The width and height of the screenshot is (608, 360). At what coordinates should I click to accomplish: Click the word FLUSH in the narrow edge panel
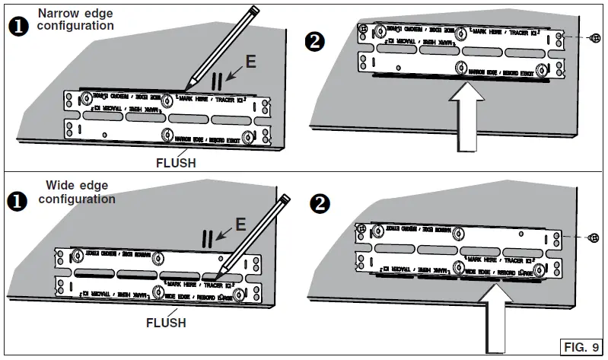click(175, 161)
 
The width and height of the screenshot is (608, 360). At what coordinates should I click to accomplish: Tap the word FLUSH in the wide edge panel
click(166, 323)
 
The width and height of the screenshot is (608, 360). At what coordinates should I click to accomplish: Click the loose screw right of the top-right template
click(594, 39)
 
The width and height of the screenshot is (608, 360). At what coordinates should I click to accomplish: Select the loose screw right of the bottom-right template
click(594, 238)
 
